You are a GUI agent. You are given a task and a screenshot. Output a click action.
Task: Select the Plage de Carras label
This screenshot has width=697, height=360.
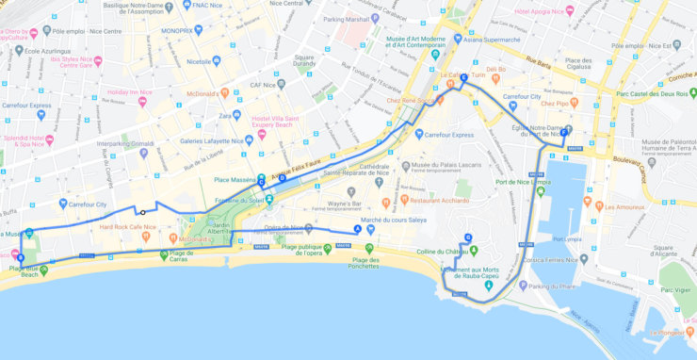[188, 256]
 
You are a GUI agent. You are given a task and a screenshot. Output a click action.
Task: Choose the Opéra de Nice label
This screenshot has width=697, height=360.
[283, 227]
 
